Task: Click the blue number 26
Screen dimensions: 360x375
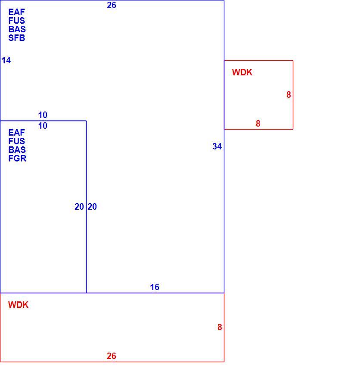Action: pyautogui.click(x=112, y=5)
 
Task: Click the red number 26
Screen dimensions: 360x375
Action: pyautogui.click(x=112, y=356)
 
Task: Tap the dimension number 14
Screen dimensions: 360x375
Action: pyautogui.click(x=6, y=60)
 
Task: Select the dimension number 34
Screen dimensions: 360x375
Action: pyautogui.click(x=217, y=146)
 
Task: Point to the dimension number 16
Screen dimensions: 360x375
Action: pyautogui.click(x=155, y=287)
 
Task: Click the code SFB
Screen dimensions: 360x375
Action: pyautogui.click(x=17, y=38)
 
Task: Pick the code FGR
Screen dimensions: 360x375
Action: pyautogui.click(x=17, y=158)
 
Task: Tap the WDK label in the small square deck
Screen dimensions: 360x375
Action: pyautogui.click(x=242, y=72)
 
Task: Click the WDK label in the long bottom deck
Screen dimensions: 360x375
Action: pyautogui.click(x=18, y=305)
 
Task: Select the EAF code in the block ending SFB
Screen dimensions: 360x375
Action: pyautogui.click(x=16, y=12)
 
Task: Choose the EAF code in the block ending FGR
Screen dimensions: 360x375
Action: pyautogui.click(x=16, y=133)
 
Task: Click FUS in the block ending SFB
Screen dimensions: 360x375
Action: pyautogui.click(x=16, y=21)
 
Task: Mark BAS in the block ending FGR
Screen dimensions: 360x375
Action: pyautogui.click(x=17, y=150)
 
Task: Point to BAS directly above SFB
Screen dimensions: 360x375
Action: pyautogui.click(x=17, y=29)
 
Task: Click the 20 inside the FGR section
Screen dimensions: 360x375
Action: pyautogui.click(x=79, y=207)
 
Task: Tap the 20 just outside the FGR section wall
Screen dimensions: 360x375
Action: pyautogui.click(x=92, y=207)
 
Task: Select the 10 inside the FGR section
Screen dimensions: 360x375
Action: pyautogui.click(x=43, y=126)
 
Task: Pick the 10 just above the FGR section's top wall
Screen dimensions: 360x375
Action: pyautogui.click(x=43, y=115)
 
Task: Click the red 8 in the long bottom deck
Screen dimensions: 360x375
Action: pyautogui.click(x=220, y=327)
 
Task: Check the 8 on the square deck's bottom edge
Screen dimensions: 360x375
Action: pyautogui.click(x=258, y=124)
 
